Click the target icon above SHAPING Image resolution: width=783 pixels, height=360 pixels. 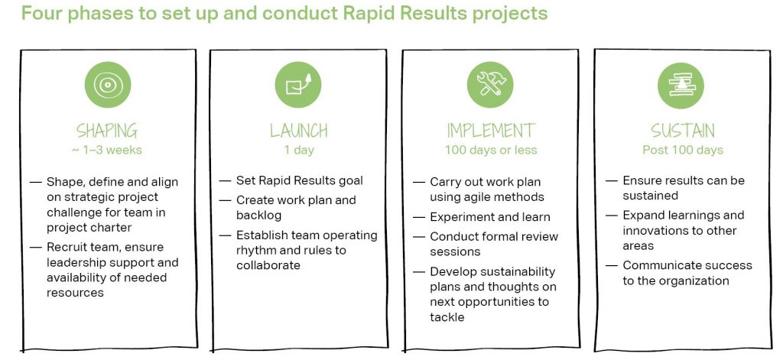coord(107,85)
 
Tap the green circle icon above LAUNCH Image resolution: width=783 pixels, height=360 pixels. coord(298,85)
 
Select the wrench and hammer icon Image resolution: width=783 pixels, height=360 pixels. coord(490,85)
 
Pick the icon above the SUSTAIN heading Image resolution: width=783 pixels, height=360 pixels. coord(681,86)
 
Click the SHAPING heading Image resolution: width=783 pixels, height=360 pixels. coord(107,131)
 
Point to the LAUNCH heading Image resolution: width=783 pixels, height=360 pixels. coord(299,131)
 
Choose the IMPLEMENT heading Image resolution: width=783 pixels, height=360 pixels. coord(491,131)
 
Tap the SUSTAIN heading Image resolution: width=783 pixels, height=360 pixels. coord(683,131)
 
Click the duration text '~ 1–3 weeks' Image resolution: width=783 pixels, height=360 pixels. coord(107,150)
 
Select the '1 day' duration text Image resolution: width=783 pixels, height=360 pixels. coord(299,151)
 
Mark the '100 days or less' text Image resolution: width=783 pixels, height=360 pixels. coord(491,150)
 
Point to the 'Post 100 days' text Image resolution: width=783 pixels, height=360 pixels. coord(683,150)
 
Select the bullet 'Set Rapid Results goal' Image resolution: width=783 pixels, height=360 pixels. coord(300,180)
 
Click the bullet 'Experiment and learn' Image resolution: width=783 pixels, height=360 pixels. coord(490,217)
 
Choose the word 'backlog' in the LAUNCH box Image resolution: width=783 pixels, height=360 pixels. coord(258,216)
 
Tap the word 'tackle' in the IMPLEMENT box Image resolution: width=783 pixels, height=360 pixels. coord(447,317)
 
